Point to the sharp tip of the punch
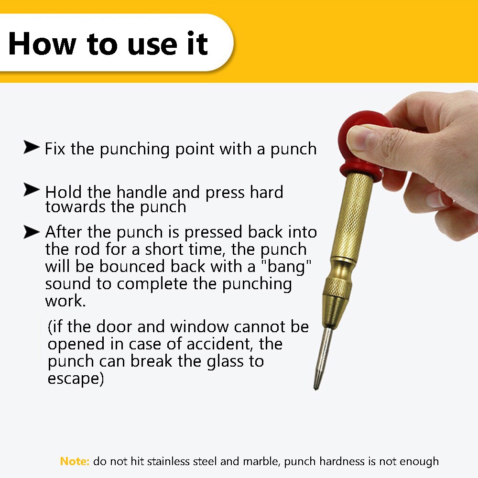click(315, 386)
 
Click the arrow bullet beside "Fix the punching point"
click(31, 148)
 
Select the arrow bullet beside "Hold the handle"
click(31, 191)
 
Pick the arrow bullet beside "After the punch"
click(31, 232)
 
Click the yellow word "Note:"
click(75, 461)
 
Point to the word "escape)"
click(76, 379)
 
